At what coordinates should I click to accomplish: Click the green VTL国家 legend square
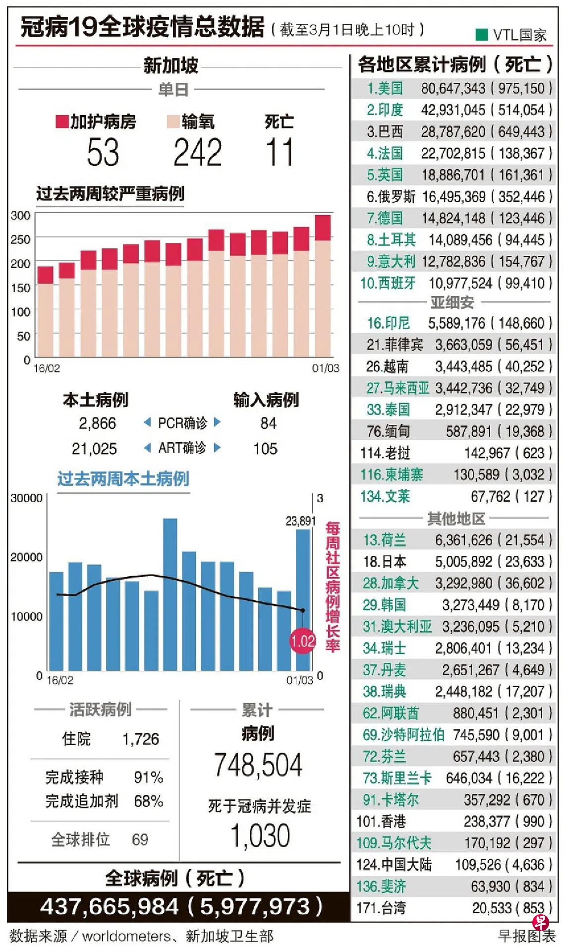click(481, 34)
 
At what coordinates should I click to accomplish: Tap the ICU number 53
click(103, 152)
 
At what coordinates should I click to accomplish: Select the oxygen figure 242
click(197, 152)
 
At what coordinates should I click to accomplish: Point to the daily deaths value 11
click(279, 152)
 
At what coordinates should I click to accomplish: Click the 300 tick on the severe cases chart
click(20, 216)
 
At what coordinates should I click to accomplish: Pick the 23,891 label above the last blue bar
click(300, 521)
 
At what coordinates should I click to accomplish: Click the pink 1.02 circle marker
click(302, 641)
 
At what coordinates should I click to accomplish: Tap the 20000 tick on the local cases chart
click(26, 557)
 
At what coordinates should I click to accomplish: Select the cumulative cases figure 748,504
click(258, 765)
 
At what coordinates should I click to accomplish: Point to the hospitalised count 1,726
click(141, 739)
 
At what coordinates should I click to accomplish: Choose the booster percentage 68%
click(148, 801)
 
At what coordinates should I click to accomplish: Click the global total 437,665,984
click(110, 907)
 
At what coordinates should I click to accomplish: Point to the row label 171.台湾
click(381, 908)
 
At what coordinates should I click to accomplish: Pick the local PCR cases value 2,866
click(97, 423)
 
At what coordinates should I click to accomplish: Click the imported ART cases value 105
click(265, 449)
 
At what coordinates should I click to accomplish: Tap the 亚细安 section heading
click(452, 302)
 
